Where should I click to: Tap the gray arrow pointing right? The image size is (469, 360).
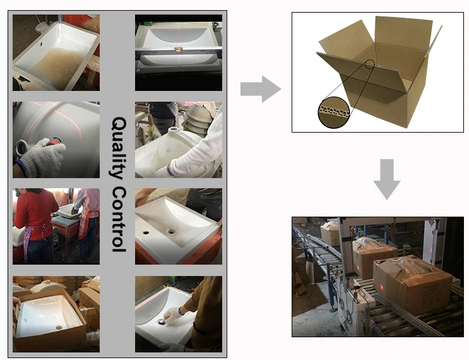pyautogui.click(x=260, y=88)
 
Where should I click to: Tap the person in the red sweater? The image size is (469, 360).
pyautogui.click(x=34, y=221)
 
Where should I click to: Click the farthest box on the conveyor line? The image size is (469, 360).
pyautogui.click(x=330, y=234)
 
